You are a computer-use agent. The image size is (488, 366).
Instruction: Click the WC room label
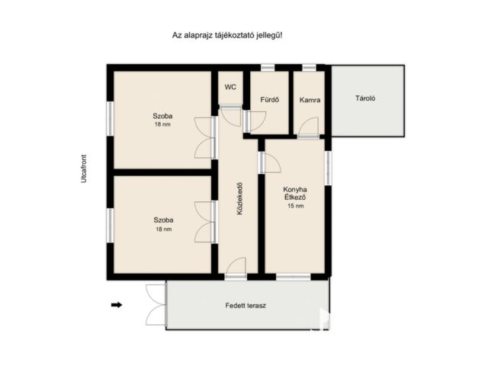[x=230, y=87]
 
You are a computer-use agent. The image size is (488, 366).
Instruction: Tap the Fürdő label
[x=269, y=100]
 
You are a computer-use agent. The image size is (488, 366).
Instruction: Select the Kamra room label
[x=310, y=100]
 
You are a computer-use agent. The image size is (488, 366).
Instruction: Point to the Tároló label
[x=365, y=98]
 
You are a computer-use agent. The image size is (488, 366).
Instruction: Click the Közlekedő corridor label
[x=239, y=198]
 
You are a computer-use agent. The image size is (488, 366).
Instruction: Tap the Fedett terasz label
[x=246, y=306]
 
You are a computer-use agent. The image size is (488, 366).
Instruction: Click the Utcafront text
[x=84, y=169]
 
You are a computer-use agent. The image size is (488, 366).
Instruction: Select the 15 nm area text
[x=296, y=206]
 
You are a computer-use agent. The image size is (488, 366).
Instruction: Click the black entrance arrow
[x=117, y=305]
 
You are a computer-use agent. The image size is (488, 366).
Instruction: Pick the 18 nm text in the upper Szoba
[x=162, y=124]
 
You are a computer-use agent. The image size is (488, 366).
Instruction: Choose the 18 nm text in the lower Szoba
[x=163, y=230]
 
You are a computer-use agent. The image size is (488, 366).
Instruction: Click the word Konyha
[x=295, y=190]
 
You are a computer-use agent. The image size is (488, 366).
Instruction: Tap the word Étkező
[x=295, y=197]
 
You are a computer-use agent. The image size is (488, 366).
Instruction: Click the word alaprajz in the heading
[x=197, y=36]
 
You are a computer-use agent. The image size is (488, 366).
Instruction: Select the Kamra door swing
[x=308, y=127]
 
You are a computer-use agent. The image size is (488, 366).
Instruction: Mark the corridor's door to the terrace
[x=236, y=268]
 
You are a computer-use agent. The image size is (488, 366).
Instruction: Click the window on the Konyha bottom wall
[x=293, y=276]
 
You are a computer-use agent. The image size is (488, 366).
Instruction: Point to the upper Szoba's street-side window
[x=110, y=119]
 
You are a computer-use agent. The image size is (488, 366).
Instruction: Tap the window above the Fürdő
[x=268, y=68]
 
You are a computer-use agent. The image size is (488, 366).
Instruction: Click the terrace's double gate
[x=156, y=305]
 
